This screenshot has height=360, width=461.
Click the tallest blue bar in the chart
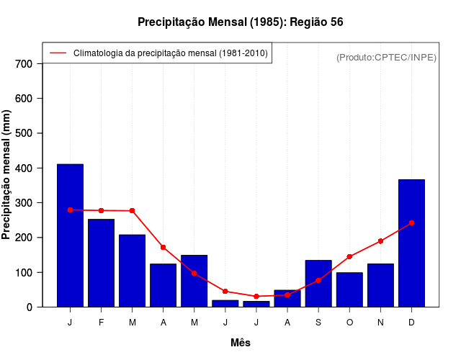[x=70, y=235]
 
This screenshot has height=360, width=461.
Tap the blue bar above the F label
[x=101, y=263]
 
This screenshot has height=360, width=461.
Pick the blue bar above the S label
[x=318, y=284]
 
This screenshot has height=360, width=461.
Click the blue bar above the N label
[x=380, y=285]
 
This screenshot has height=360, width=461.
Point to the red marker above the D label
[x=411, y=223]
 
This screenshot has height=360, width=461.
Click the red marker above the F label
[x=101, y=210]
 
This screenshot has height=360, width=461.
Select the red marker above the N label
[x=380, y=241]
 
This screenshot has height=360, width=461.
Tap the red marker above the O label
[x=349, y=256]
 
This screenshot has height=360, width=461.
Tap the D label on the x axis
[x=411, y=323]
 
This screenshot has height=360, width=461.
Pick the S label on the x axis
[x=318, y=323]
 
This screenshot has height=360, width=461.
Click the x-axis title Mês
[x=241, y=343]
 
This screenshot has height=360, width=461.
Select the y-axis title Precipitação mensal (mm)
[x=7, y=174]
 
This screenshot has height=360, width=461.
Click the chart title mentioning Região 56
[x=241, y=22]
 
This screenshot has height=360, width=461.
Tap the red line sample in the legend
[x=58, y=53]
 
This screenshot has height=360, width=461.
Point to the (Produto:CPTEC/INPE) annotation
[x=387, y=57]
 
